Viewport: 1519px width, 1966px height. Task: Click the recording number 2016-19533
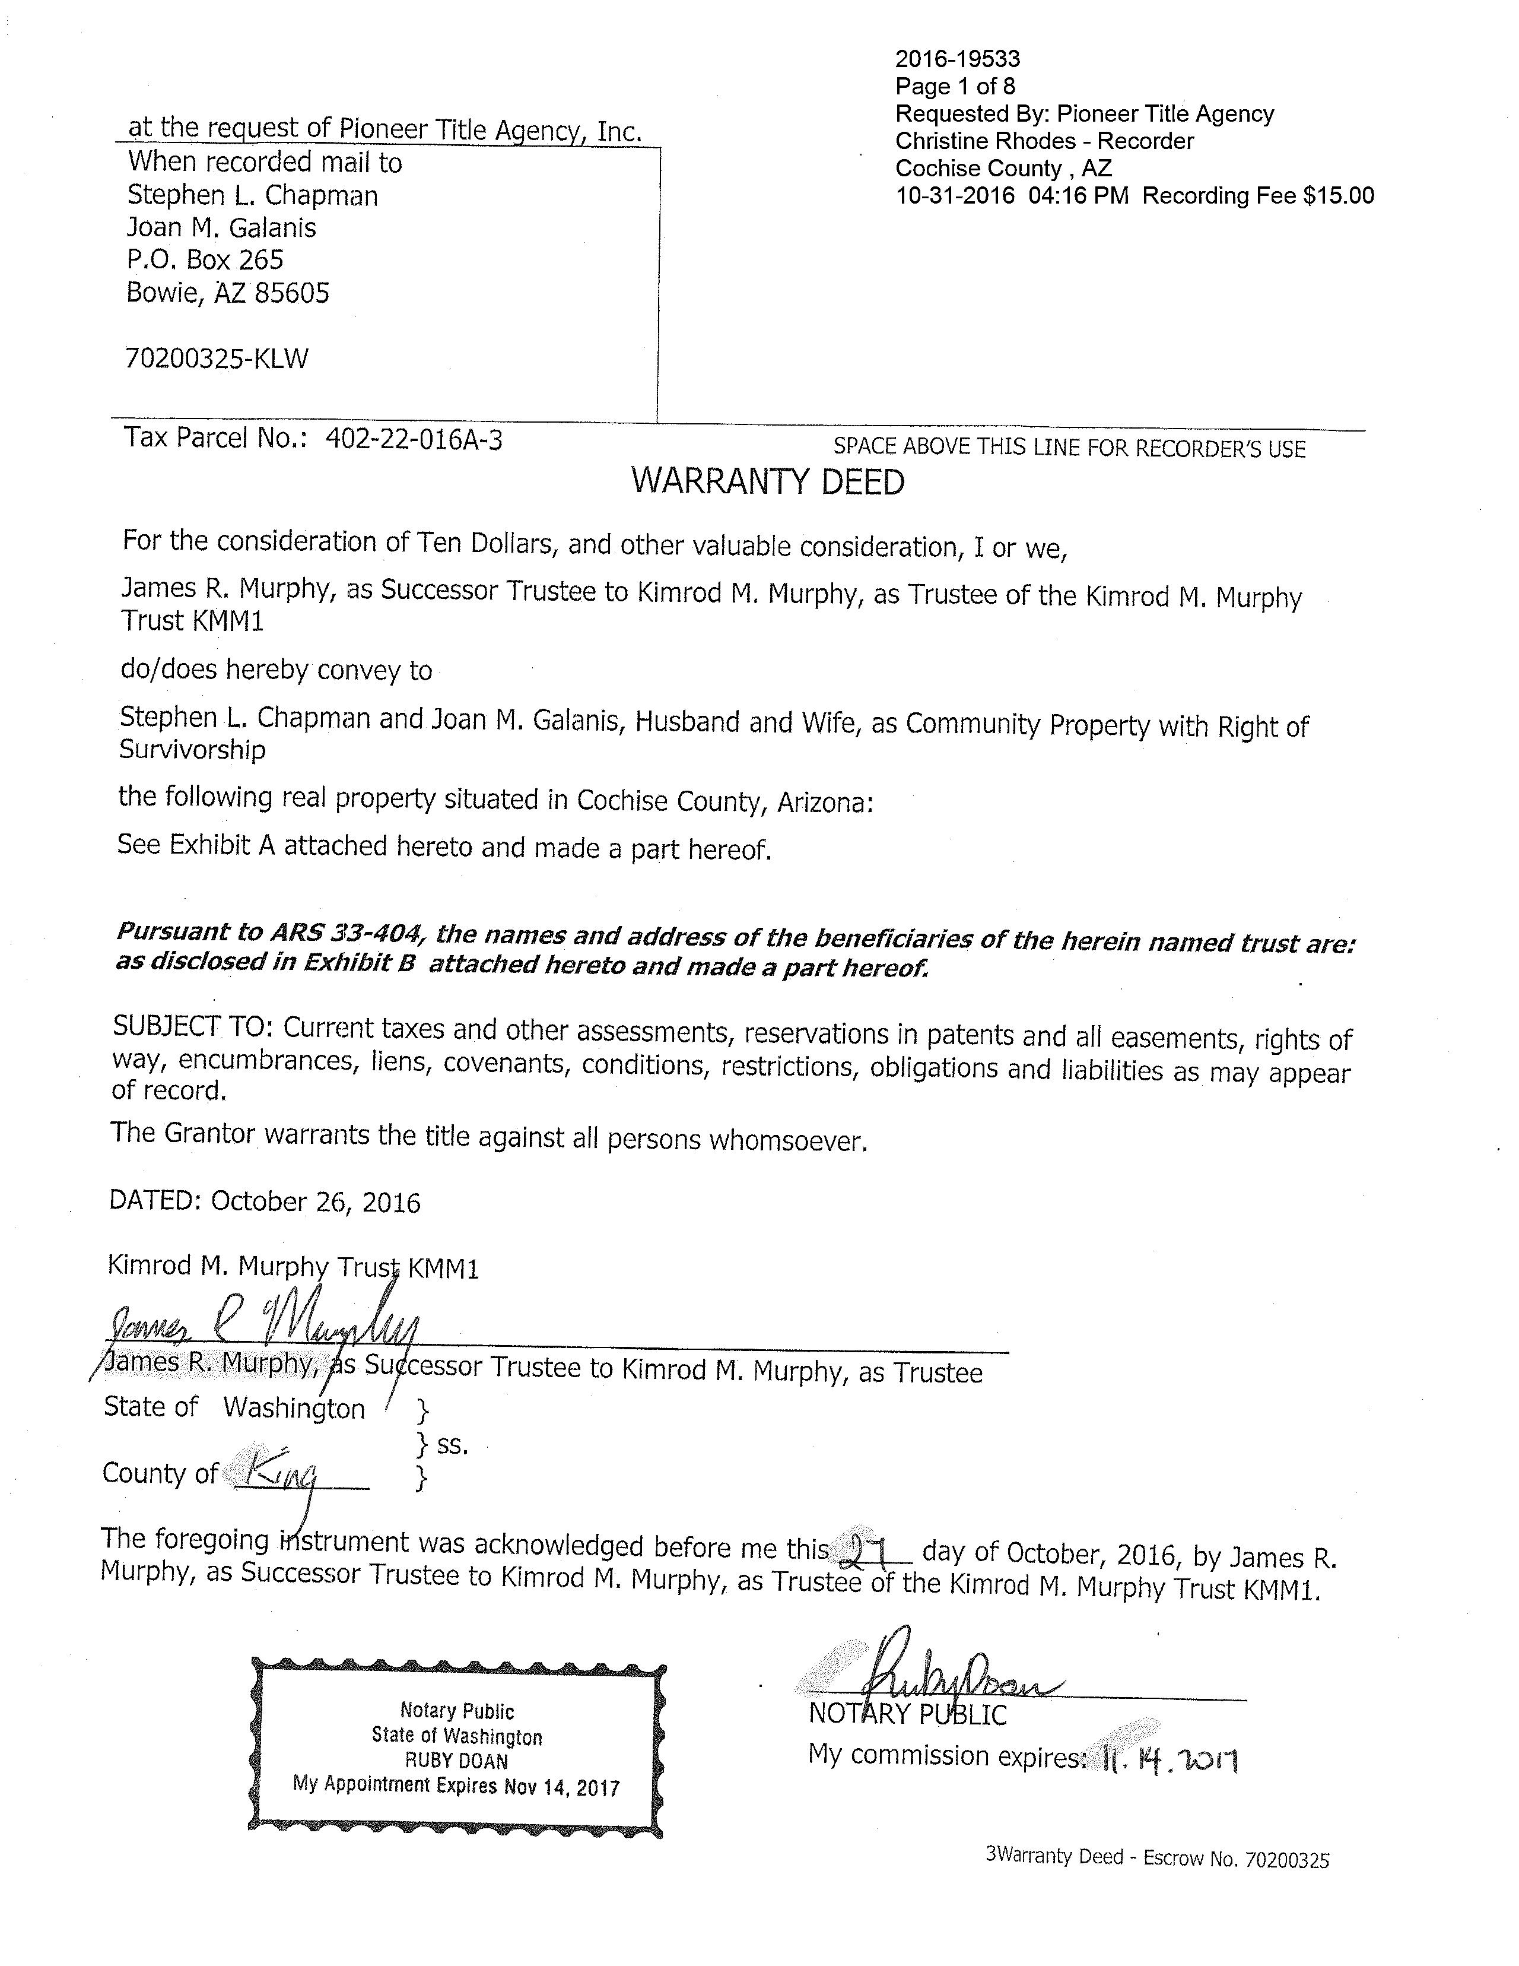pyautogui.click(x=958, y=59)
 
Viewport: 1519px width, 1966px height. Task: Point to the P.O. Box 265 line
pyautogui.click(x=205, y=260)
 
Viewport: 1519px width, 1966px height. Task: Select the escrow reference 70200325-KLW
pyautogui.click(x=217, y=359)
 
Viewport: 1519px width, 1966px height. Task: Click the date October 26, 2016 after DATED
pyautogui.click(x=315, y=1203)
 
